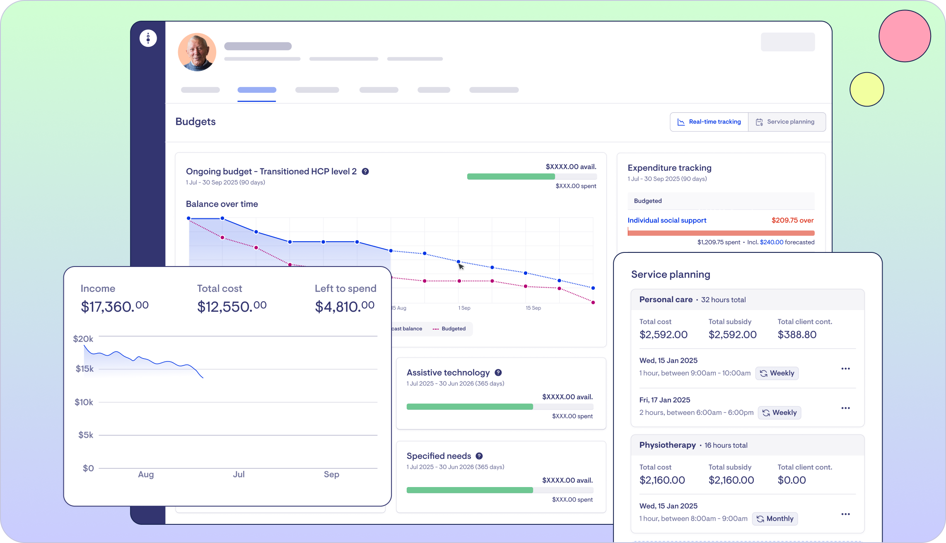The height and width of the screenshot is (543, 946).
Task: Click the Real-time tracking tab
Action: (x=709, y=122)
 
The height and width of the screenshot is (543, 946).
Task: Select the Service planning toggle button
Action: (x=786, y=122)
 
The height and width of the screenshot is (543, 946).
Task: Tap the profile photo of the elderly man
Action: (x=197, y=52)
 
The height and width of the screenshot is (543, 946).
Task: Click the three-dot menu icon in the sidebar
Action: (x=148, y=39)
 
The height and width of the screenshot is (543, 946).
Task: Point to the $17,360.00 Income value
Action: (x=114, y=307)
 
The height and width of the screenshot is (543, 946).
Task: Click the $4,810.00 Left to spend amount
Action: (x=345, y=307)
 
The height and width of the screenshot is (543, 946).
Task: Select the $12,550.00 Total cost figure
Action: (x=232, y=307)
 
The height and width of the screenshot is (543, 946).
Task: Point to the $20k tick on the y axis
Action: (x=83, y=339)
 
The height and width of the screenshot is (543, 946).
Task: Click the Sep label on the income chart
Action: (x=331, y=474)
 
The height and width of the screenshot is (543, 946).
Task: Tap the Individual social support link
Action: (x=667, y=221)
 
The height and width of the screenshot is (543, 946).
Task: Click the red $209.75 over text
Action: (x=792, y=221)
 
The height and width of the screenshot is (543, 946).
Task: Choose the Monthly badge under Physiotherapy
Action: (x=775, y=519)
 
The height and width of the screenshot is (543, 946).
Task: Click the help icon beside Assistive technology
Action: (x=498, y=373)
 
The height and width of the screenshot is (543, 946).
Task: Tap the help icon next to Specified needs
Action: (x=479, y=456)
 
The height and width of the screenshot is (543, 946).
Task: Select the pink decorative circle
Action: (x=905, y=36)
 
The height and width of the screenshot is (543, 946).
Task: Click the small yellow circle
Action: (x=866, y=90)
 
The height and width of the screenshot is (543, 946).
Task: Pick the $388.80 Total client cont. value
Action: (x=797, y=335)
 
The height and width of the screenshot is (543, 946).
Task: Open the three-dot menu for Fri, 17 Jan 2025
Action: (x=845, y=408)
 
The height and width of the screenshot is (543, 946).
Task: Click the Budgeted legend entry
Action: (x=449, y=329)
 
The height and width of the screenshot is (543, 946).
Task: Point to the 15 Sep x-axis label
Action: (x=533, y=308)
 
